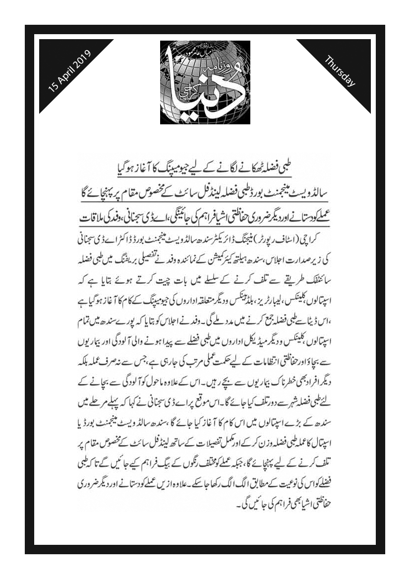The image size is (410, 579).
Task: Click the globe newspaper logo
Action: coord(205,82)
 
